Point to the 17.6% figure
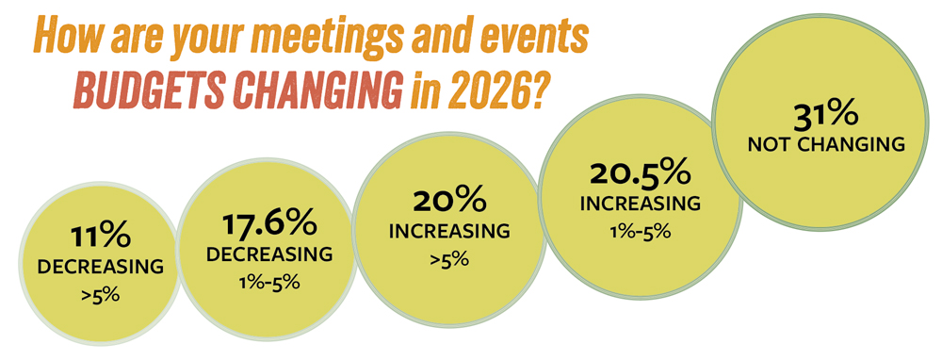click(x=269, y=225)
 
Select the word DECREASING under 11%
click(x=100, y=268)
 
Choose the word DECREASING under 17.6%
click(x=269, y=254)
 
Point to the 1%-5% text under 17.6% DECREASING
click(x=269, y=285)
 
